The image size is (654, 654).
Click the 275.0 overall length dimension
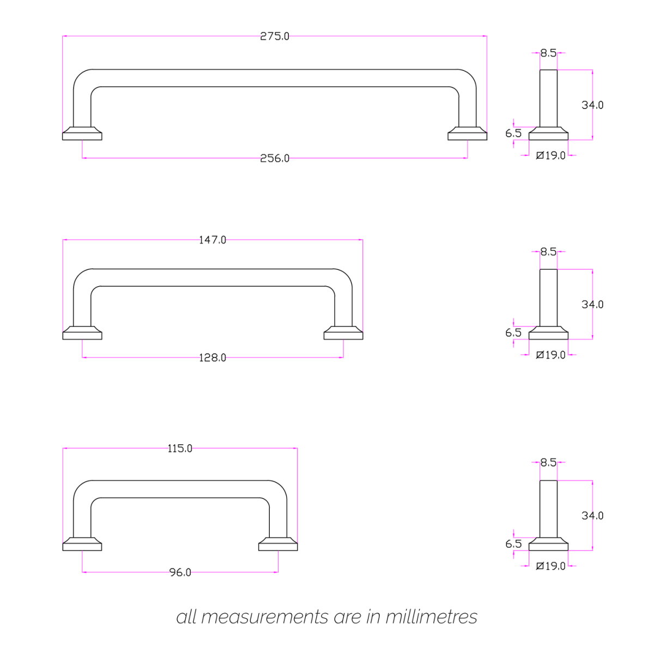click(275, 37)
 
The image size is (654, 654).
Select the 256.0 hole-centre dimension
click(275, 159)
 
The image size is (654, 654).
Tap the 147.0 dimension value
click(213, 240)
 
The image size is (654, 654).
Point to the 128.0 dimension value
click(213, 358)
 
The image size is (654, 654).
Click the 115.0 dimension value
click(180, 449)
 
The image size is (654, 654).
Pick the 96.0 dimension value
click(180, 573)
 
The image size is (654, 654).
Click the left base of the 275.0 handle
click(82, 134)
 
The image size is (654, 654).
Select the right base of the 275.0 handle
click(467, 134)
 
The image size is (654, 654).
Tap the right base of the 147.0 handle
click(343, 334)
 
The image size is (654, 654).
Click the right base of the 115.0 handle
click(278, 544)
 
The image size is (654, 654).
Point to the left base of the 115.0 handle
click(82, 544)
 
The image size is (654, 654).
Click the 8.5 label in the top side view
click(548, 53)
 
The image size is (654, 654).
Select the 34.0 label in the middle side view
click(592, 305)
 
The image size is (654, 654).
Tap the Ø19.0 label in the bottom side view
click(551, 566)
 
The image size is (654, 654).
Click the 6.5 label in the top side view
click(513, 133)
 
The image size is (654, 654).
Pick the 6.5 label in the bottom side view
click(513, 544)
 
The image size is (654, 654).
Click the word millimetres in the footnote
click(431, 617)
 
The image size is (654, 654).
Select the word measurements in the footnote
click(264, 617)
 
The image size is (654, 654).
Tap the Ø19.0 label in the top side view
click(551, 156)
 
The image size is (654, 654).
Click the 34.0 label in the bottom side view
click(592, 516)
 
